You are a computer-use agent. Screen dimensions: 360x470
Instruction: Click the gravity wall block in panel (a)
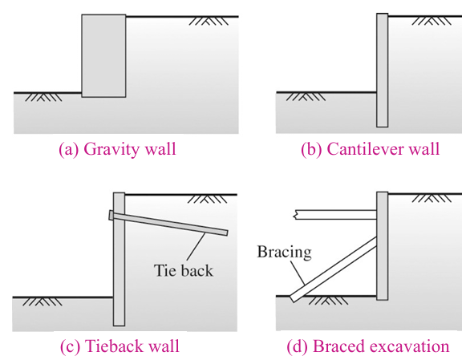[104, 56]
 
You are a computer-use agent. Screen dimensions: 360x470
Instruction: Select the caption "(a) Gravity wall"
[117, 149]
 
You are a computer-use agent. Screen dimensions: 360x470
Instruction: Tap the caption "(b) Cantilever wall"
[370, 149]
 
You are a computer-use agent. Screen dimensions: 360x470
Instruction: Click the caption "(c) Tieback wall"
[120, 346]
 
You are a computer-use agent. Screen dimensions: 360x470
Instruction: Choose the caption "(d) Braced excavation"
[368, 346]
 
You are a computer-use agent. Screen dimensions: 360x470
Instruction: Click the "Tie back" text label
[184, 270]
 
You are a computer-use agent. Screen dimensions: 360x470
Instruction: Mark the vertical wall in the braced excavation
[383, 257]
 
